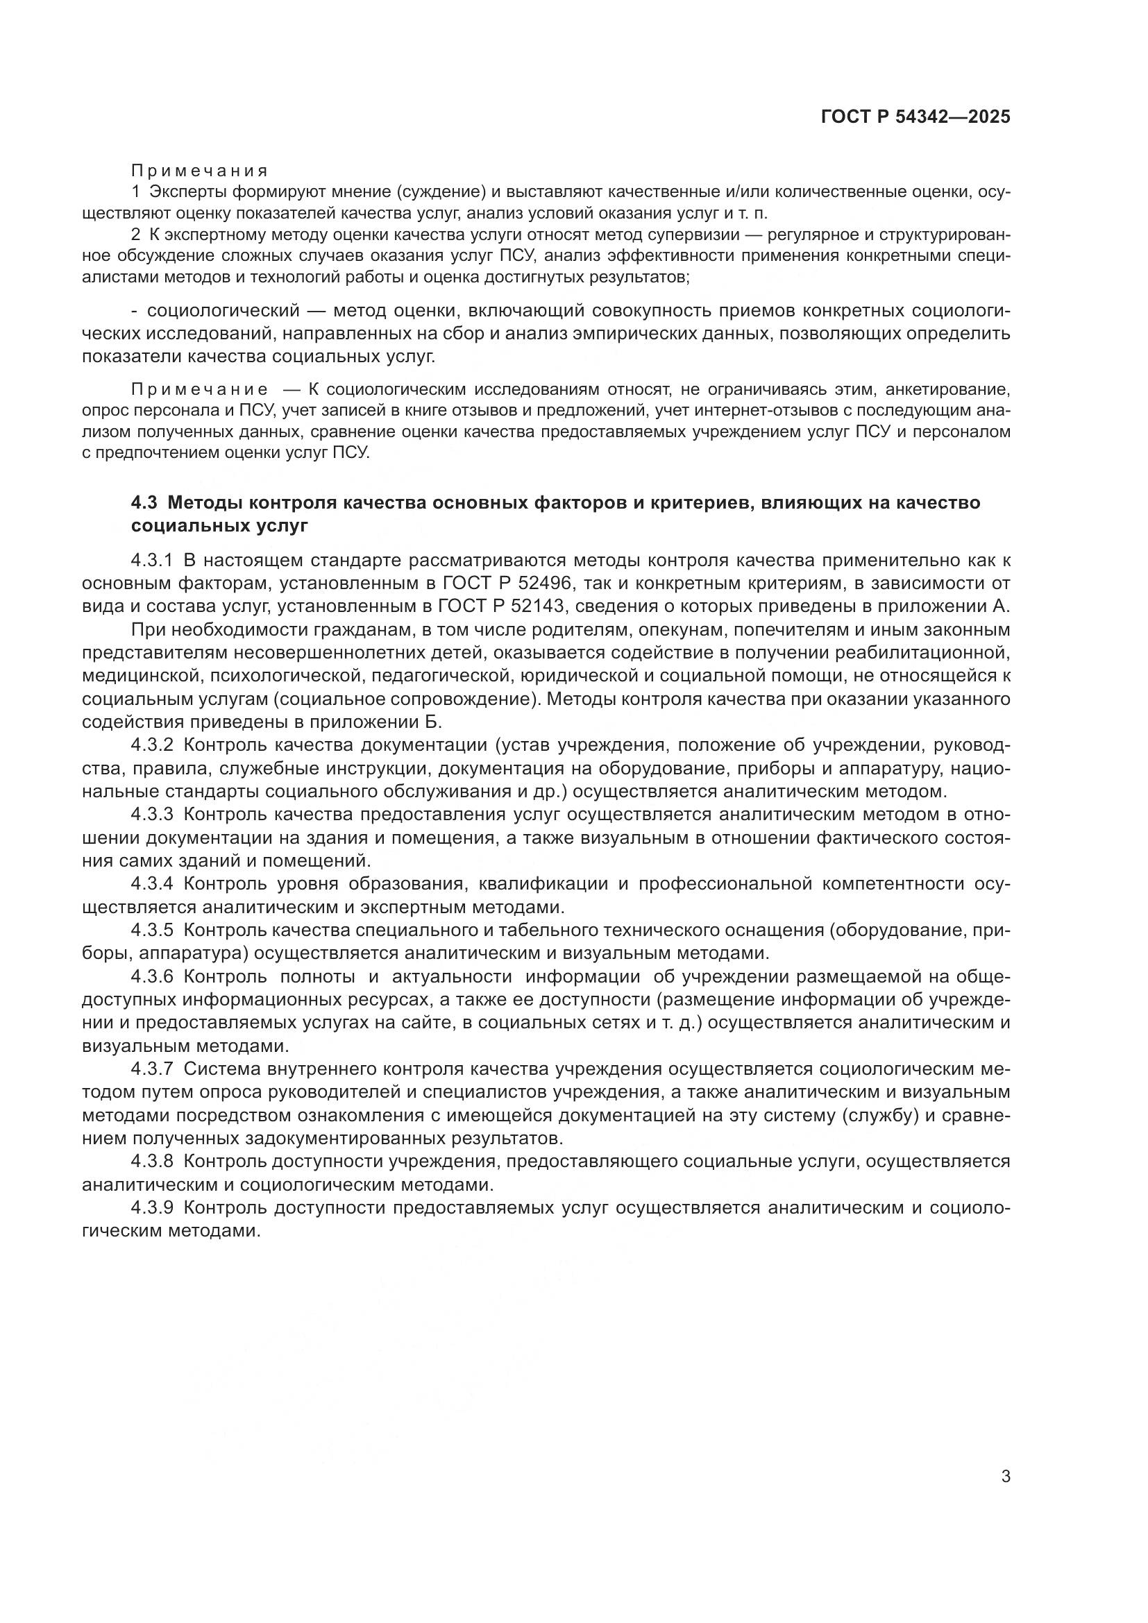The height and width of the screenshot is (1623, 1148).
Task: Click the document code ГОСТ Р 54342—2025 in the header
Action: [x=915, y=117]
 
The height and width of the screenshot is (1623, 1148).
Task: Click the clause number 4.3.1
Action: [x=152, y=561]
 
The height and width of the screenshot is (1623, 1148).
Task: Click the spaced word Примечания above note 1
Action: [x=199, y=171]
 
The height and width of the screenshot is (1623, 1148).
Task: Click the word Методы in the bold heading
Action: [x=205, y=503]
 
